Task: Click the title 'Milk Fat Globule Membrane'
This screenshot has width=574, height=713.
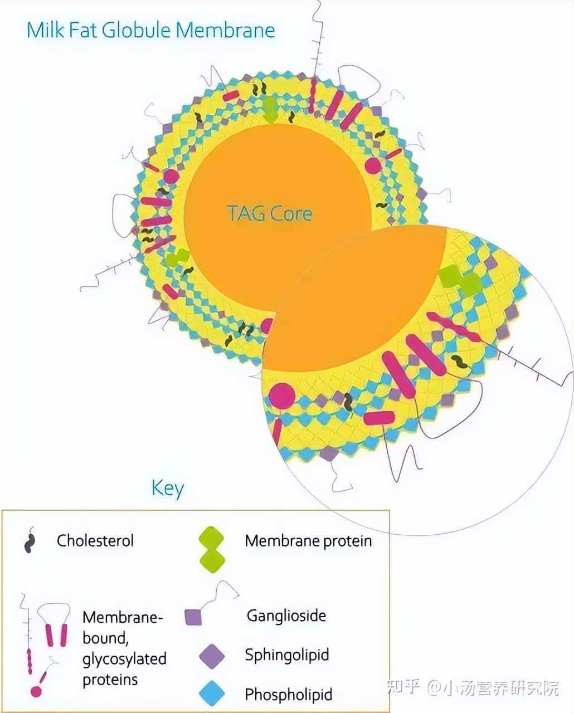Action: [x=150, y=30]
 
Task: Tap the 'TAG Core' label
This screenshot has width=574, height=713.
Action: [x=269, y=213]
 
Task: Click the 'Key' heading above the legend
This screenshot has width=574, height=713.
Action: [x=167, y=488]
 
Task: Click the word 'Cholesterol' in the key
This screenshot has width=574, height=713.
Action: [x=95, y=540]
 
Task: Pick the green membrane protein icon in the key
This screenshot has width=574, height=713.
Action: [x=212, y=550]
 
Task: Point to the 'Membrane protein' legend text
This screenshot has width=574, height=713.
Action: [x=308, y=540]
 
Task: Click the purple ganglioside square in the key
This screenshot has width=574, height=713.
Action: [x=193, y=617]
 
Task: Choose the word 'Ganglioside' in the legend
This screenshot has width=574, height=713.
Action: [x=286, y=616]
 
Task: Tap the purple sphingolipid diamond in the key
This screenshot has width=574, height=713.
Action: [x=212, y=656]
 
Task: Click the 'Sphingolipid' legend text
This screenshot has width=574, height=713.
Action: [x=287, y=655]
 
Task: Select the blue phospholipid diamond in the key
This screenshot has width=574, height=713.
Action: [x=212, y=694]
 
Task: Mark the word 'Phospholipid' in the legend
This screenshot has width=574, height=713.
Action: [x=289, y=695]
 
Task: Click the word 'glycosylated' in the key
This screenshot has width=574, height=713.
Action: [x=124, y=659]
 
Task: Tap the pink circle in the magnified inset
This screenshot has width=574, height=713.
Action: [x=283, y=396]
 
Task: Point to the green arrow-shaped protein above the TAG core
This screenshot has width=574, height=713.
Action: [x=270, y=109]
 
